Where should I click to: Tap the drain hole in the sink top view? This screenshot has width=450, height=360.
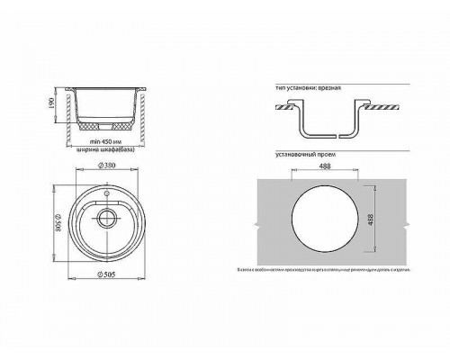tap(110, 216)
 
